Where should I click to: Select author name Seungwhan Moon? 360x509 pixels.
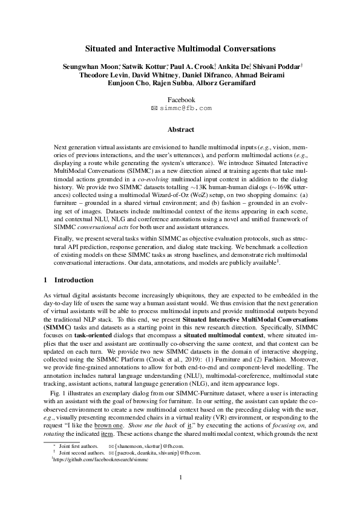(x=90, y=66)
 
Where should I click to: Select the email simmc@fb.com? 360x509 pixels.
(x=185, y=108)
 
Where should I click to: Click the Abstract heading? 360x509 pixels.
(x=180, y=129)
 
